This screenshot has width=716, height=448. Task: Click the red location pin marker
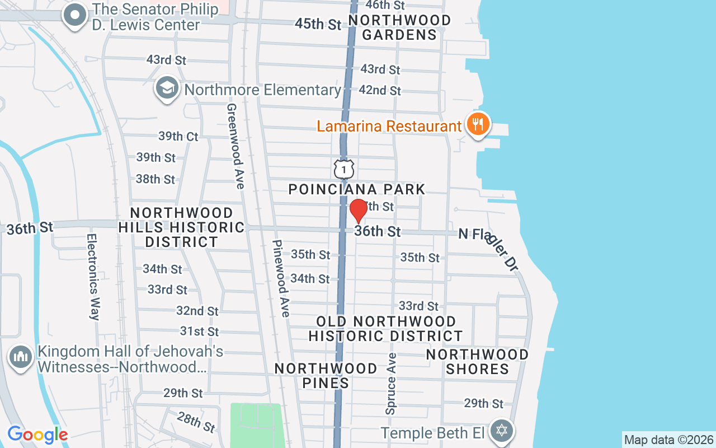pyautogui.click(x=359, y=211)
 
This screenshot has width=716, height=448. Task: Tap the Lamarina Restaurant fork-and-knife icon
pyautogui.click(x=477, y=124)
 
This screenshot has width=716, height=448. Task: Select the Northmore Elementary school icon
pyautogui.click(x=167, y=89)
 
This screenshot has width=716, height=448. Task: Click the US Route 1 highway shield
pyautogui.click(x=344, y=168)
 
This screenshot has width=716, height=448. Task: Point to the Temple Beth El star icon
pyautogui.click(x=502, y=431)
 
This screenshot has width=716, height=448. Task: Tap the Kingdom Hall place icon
pyautogui.click(x=21, y=356)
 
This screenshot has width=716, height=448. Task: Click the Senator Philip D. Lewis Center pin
pyautogui.click(x=75, y=16)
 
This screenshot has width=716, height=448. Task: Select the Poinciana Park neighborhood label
pyautogui.click(x=357, y=189)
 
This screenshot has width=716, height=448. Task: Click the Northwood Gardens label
pyautogui.click(x=399, y=27)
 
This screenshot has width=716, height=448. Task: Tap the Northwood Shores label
pyautogui.click(x=477, y=362)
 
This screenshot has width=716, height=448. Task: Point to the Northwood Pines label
pyautogui.click(x=326, y=375)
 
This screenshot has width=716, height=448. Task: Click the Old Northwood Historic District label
pyautogui.click(x=385, y=329)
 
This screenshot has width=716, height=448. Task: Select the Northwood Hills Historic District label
pyautogui.click(x=181, y=227)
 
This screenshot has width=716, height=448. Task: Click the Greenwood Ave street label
pyautogui.click(x=234, y=146)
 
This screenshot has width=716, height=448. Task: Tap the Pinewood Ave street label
pyautogui.click(x=281, y=278)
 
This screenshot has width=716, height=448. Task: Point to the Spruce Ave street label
pyautogui.click(x=390, y=384)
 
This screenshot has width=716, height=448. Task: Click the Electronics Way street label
pyautogui.click(x=93, y=277)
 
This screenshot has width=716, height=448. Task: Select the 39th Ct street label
pyautogui.click(x=178, y=136)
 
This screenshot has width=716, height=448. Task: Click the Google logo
pyautogui.click(x=37, y=434)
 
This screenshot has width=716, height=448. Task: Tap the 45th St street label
pyautogui.click(x=318, y=24)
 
